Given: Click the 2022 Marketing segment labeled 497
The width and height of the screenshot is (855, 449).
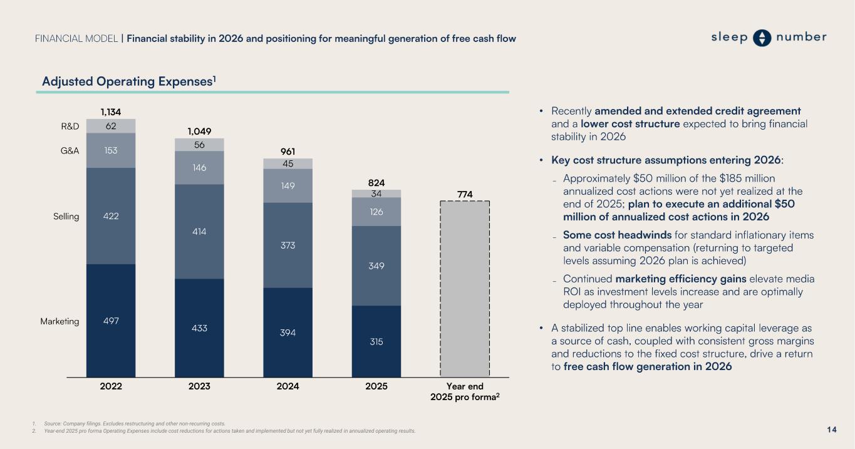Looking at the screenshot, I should pyautogui.click(x=111, y=320).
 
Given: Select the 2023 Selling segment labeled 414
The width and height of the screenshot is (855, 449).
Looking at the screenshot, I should pyautogui.click(x=199, y=231).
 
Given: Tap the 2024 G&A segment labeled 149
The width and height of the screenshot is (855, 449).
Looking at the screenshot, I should pyautogui.click(x=288, y=185).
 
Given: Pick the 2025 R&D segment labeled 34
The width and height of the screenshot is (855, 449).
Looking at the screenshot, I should pyautogui.click(x=376, y=194).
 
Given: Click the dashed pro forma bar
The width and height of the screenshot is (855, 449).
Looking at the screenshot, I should pyautogui.click(x=465, y=288).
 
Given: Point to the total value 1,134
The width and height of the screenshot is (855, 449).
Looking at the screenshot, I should pyautogui.click(x=111, y=112).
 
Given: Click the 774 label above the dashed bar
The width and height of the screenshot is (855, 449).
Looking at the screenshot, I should pyautogui.click(x=465, y=195).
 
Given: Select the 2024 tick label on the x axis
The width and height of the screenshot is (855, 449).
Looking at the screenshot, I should pyautogui.click(x=288, y=386).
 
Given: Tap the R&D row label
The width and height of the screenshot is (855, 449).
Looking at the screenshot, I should pyautogui.click(x=70, y=126).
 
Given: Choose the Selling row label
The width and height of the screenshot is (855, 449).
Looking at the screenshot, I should pyautogui.click(x=66, y=217).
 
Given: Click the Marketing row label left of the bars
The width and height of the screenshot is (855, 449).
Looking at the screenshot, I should pyautogui.click(x=60, y=321).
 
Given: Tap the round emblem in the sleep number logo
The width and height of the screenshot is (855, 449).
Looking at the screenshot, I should pyautogui.click(x=762, y=38).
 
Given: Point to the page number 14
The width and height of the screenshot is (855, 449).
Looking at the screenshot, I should pyautogui.click(x=832, y=430).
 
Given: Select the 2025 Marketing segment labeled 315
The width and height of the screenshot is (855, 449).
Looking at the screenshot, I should pyautogui.click(x=376, y=341).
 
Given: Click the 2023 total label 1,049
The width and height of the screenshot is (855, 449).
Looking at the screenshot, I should pyautogui.click(x=199, y=132).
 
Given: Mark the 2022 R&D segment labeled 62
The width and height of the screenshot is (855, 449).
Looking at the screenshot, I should pyautogui.click(x=111, y=126).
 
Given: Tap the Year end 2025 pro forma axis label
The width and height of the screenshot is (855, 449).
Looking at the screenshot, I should pyautogui.click(x=465, y=392).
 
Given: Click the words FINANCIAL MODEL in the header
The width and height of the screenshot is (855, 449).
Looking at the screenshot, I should pyautogui.click(x=76, y=39).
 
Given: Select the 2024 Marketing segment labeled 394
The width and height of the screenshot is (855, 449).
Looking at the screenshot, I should pyautogui.click(x=288, y=332).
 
